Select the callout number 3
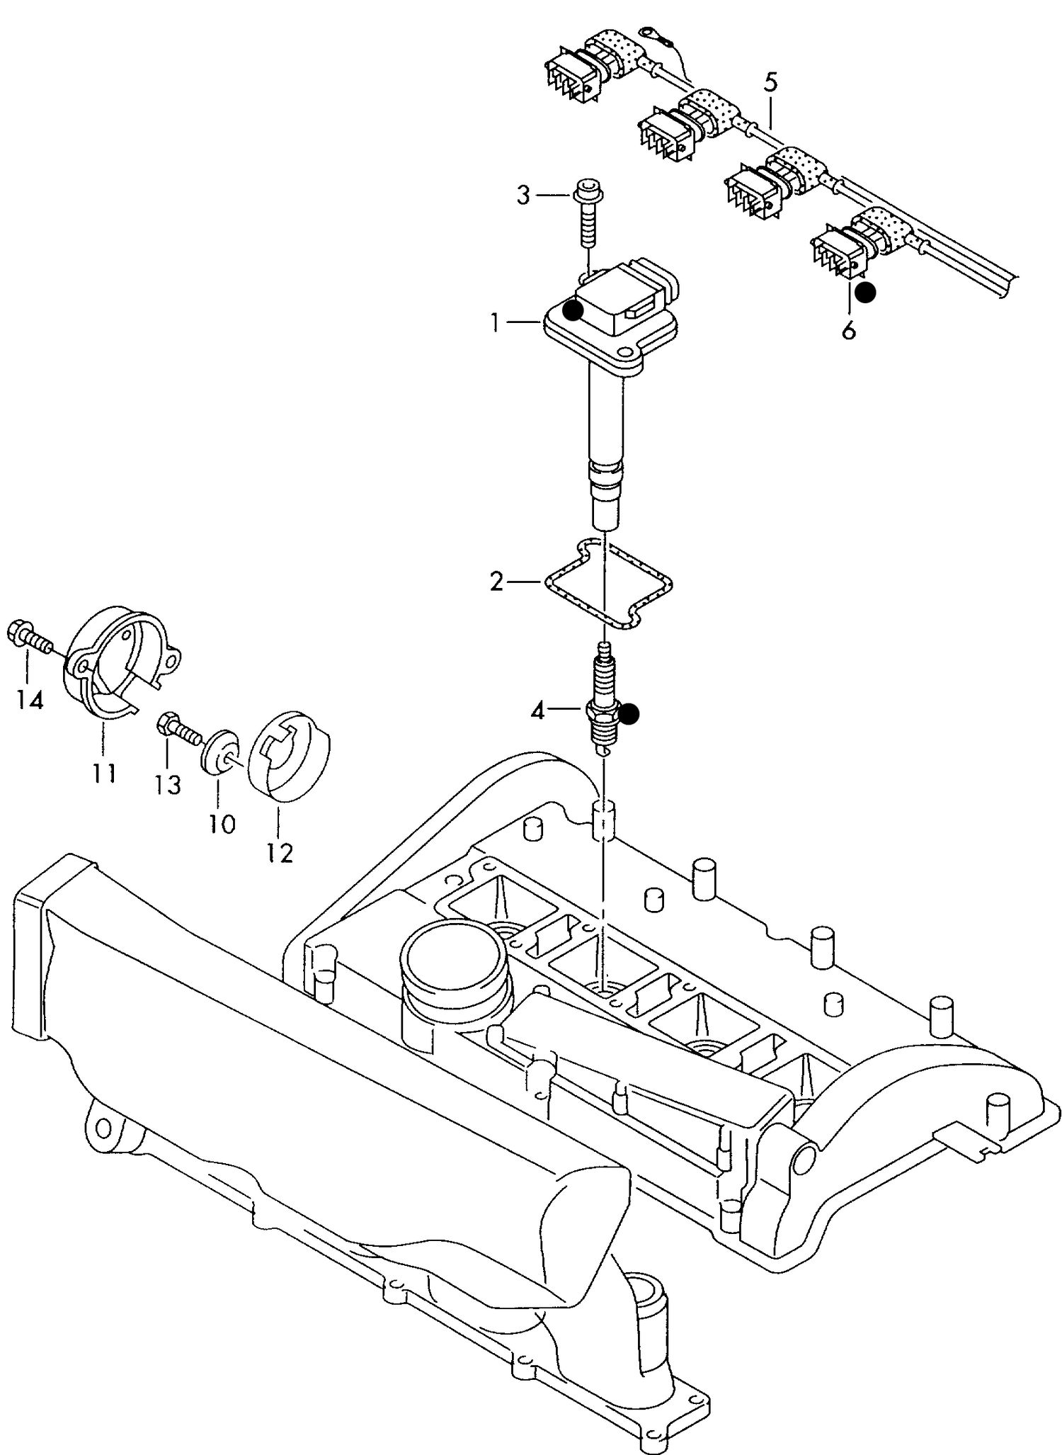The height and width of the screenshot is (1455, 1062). tap(523, 195)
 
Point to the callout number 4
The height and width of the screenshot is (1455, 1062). tap(538, 710)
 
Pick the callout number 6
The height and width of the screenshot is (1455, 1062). tap(848, 329)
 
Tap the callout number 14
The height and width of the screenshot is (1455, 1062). tap(29, 701)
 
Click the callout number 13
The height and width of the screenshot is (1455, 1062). tap(168, 785)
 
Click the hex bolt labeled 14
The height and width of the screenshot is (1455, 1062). tap(30, 636)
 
